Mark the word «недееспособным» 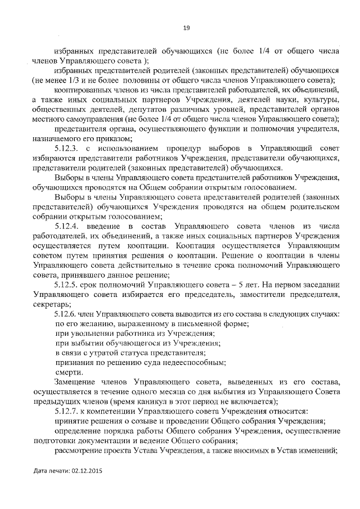click(193, 363)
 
